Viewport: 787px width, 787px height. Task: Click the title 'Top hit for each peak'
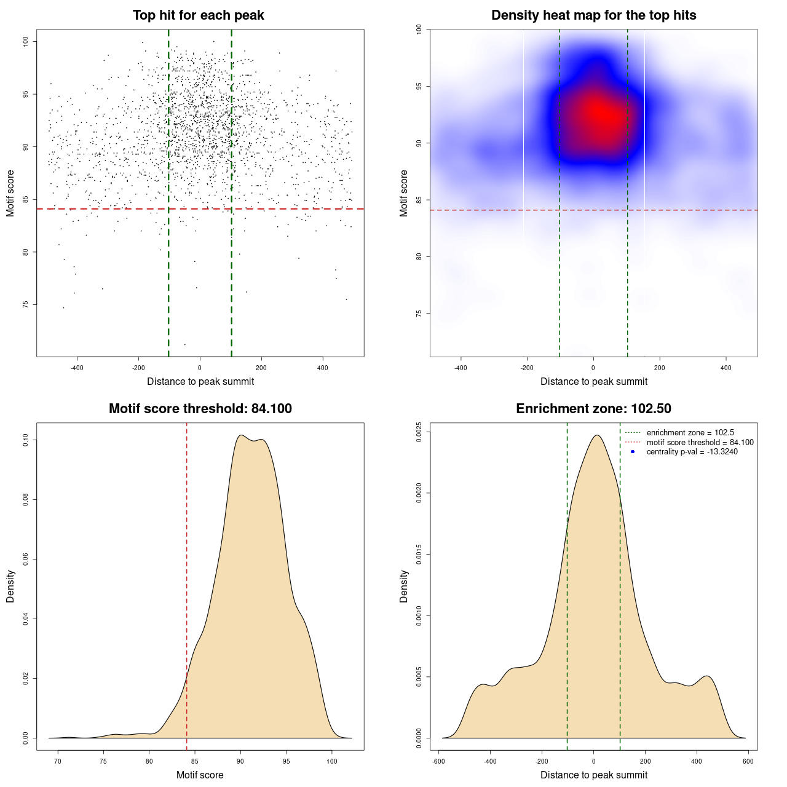click(198, 15)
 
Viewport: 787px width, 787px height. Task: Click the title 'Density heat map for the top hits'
click(593, 15)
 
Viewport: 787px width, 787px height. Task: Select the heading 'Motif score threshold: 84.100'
click(200, 409)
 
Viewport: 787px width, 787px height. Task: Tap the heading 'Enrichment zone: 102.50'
click(593, 409)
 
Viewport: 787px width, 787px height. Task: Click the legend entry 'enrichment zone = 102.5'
click(690, 433)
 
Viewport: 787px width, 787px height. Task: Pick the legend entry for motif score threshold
click(700, 442)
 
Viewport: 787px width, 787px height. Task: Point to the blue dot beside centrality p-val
click(633, 452)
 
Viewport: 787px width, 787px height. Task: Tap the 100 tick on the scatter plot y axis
click(25, 41)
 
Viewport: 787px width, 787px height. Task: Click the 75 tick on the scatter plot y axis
click(25, 304)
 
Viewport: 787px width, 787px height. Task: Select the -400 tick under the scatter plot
click(77, 368)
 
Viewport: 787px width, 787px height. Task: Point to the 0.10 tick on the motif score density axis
click(25, 440)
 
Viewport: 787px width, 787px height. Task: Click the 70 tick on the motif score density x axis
click(58, 761)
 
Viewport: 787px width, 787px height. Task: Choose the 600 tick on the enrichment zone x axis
click(748, 761)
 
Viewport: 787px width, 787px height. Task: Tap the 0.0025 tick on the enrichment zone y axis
click(419, 432)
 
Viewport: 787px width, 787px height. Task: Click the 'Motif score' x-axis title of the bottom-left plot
click(200, 775)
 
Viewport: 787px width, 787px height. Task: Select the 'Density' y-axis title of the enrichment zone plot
click(404, 586)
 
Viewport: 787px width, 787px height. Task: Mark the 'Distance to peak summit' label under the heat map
click(593, 381)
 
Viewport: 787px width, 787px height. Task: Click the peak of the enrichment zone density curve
click(596, 435)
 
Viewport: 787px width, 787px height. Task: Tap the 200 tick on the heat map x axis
click(660, 368)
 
